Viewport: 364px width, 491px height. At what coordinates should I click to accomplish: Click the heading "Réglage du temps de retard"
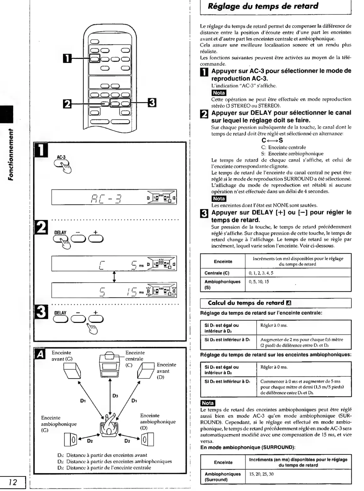point(263,6)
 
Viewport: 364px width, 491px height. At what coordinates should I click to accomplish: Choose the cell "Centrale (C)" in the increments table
point(217,273)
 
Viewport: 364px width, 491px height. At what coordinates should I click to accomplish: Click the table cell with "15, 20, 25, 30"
point(261,474)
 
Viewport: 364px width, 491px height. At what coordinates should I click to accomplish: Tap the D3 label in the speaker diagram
point(115,396)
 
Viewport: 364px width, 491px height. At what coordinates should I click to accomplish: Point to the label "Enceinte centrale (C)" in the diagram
point(135,359)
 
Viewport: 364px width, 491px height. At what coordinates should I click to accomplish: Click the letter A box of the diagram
point(40,355)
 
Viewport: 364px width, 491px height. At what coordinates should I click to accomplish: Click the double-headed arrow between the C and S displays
point(114,277)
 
